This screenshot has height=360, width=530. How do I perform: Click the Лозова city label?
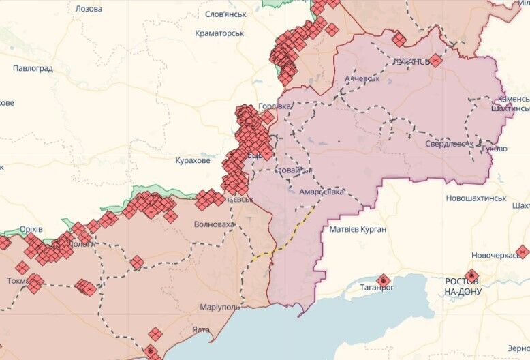tap(88, 9)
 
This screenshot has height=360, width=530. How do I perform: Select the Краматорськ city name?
tap(219, 33)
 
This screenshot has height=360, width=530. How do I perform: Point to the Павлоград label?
tap(33, 68)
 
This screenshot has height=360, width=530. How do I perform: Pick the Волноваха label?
tap(214, 224)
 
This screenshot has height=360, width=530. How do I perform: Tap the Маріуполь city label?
tap(219, 307)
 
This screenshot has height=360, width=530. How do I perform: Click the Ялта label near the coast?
tap(201, 329)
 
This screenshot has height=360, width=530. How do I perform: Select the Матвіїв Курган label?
tap(358, 229)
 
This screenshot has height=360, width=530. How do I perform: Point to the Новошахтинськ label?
tap(476, 198)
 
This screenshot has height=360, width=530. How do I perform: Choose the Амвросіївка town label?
tap(318, 192)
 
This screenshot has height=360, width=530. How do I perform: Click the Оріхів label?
tap(30, 228)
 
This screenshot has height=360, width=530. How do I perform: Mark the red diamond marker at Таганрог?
tap(383, 279)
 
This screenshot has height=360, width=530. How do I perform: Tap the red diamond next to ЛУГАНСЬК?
tap(436, 60)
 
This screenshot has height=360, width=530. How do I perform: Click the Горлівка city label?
tap(275, 106)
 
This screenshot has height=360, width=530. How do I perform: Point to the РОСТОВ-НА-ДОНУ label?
tap(463, 286)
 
